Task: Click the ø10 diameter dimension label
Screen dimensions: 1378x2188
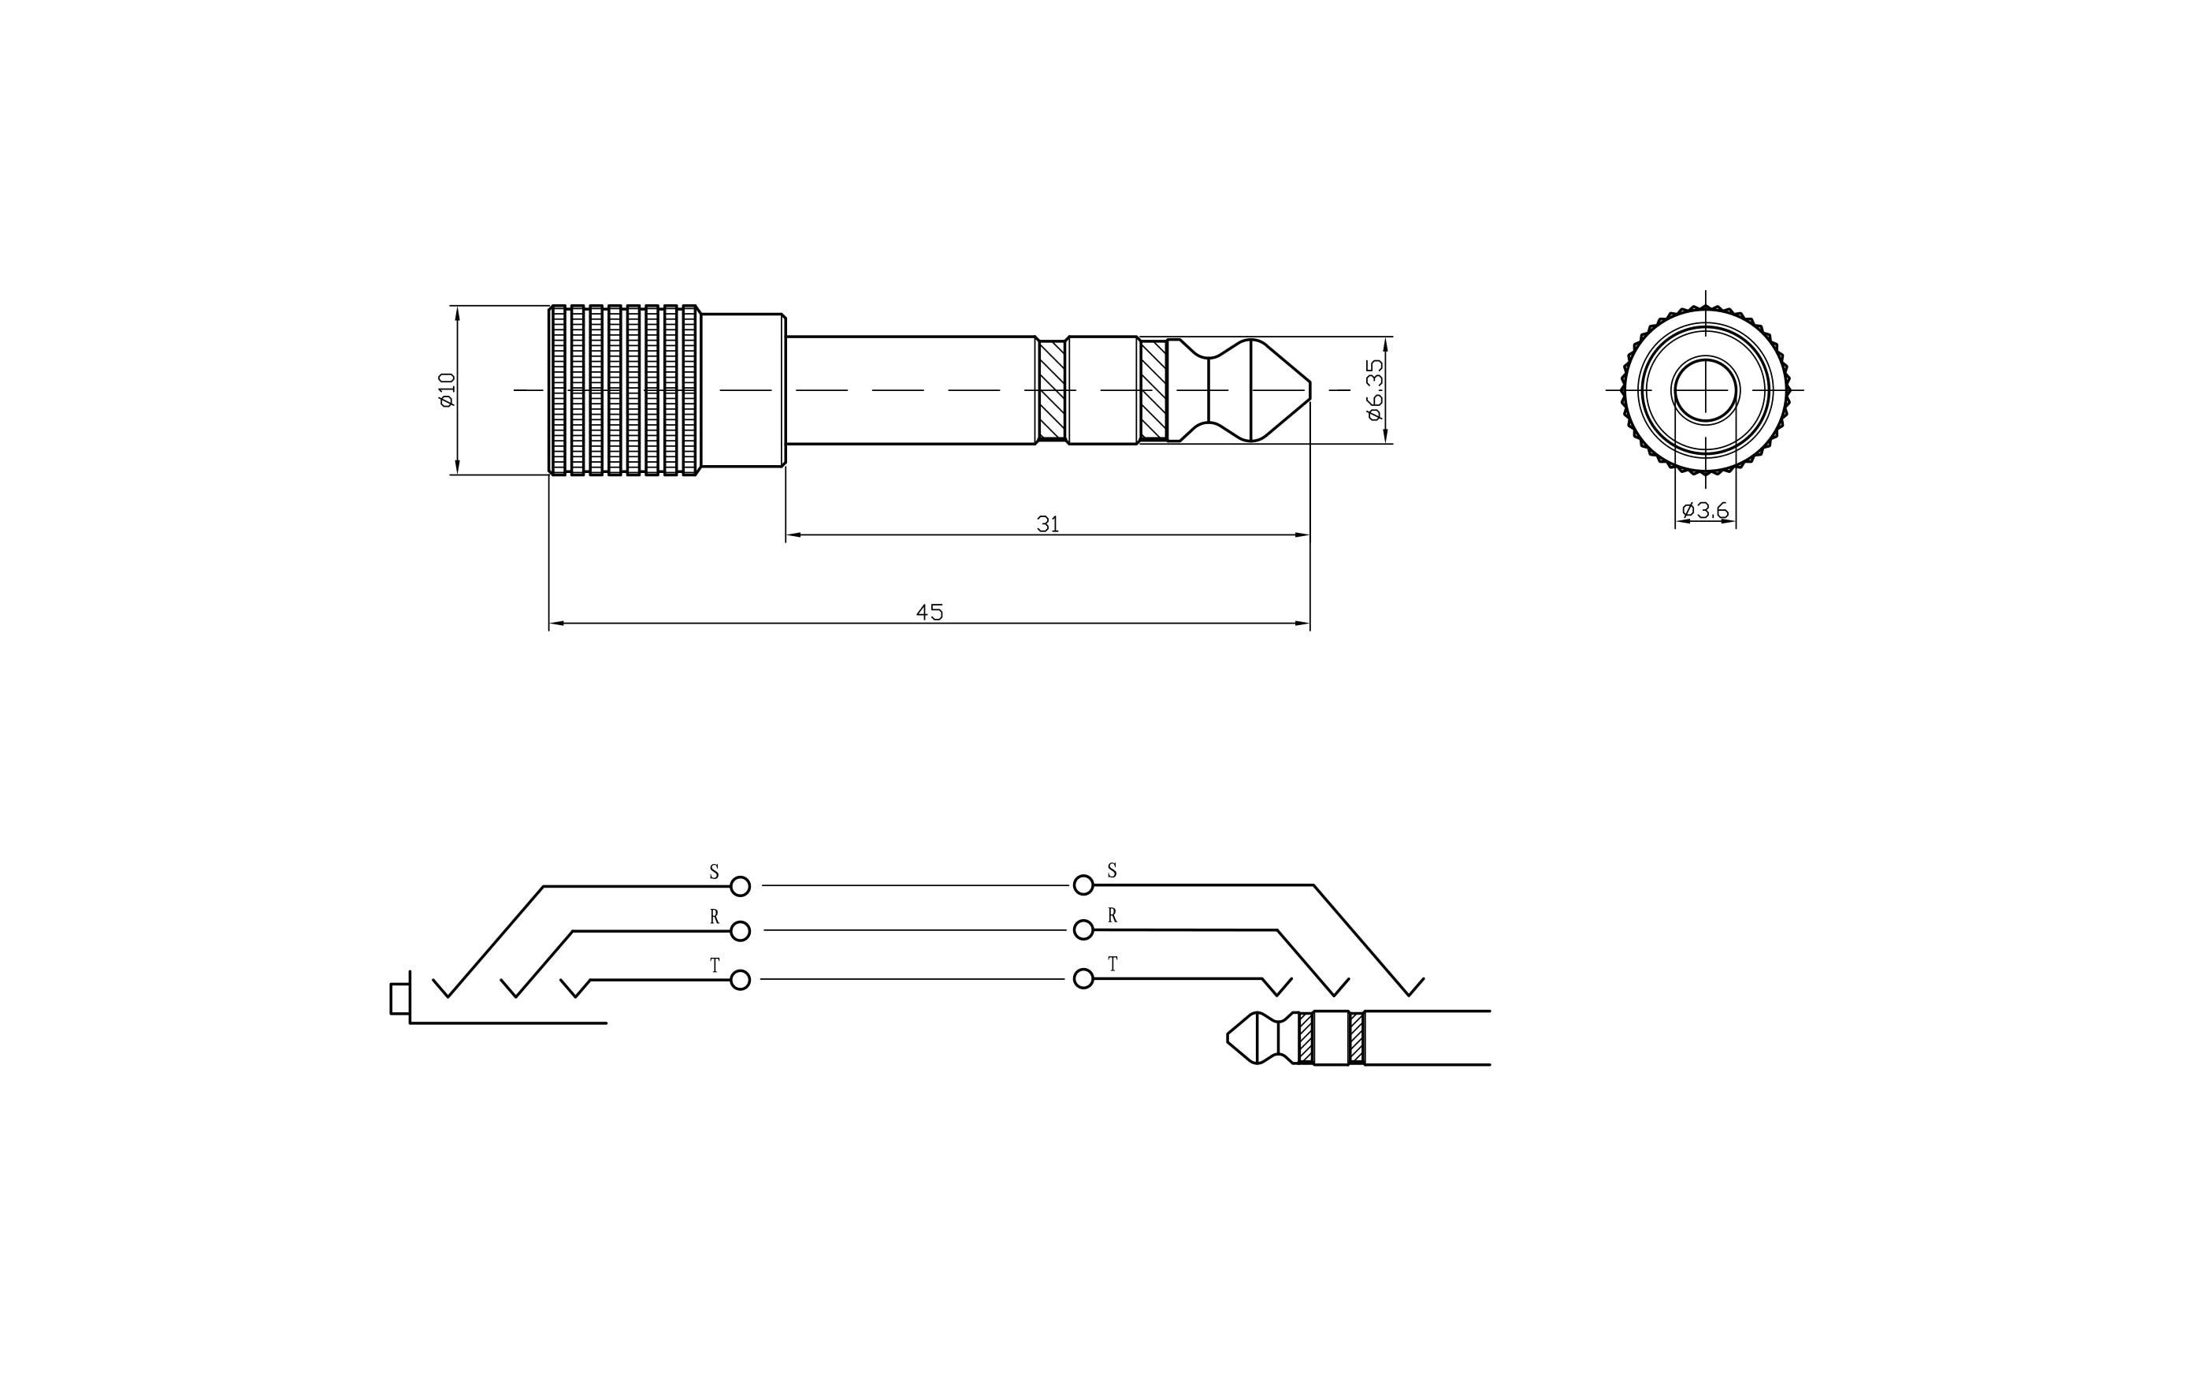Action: point(446,390)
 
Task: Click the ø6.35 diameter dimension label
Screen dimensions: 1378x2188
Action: point(1375,390)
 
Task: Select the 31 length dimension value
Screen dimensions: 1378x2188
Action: point(1048,524)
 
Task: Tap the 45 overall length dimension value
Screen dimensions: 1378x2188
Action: point(929,613)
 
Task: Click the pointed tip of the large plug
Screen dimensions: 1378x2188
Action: point(1306,390)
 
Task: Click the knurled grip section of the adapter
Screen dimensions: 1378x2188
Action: point(624,390)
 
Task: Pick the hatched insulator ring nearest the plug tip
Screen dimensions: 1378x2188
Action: point(1153,390)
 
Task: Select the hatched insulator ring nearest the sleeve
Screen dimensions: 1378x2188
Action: point(1051,390)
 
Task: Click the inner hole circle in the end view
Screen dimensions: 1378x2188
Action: point(1706,390)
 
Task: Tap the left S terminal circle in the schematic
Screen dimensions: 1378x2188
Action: point(741,885)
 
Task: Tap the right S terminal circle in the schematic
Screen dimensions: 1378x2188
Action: point(1083,885)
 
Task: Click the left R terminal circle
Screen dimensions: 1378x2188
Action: point(741,931)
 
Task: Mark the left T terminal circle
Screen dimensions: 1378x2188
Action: point(741,979)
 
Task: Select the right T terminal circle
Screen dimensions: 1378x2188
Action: point(1083,978)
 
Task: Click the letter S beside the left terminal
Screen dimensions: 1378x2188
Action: point(714,873)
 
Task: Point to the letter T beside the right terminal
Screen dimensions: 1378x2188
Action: point(1113,964)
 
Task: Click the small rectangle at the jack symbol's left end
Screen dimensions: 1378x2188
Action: point(399,998)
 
